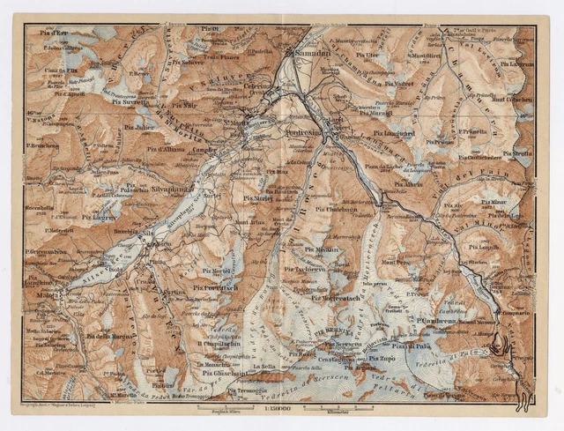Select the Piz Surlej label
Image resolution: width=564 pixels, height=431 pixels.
(x=258, y=199)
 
